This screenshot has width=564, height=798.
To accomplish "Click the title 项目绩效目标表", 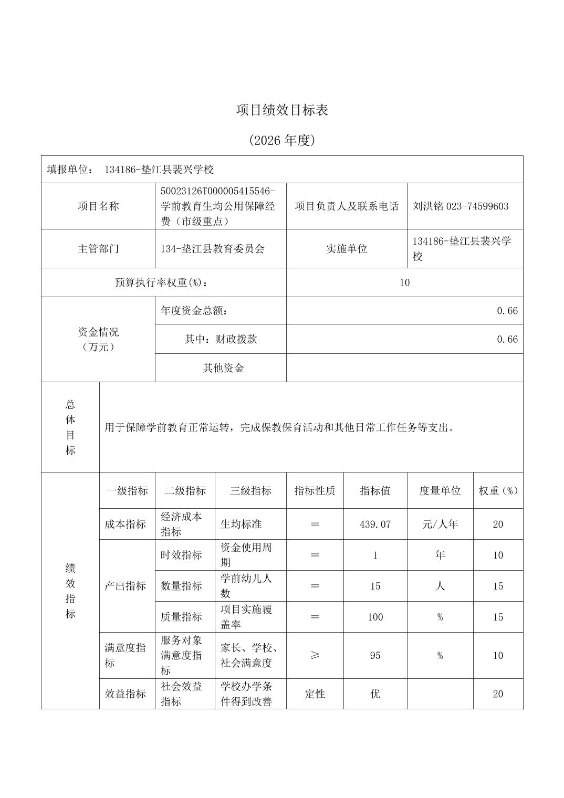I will click(282, 110).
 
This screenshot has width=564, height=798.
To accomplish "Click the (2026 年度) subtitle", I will click(282, 140).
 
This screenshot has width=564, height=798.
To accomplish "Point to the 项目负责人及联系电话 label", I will click(347, 206).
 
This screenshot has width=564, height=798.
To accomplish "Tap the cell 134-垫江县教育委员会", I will click(213, 249).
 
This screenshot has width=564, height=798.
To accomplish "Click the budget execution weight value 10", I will click(404, 283).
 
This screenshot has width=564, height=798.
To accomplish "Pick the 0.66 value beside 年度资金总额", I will click(507, 311).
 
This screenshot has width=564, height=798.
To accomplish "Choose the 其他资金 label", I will click(223, 368).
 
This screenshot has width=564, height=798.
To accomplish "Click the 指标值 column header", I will click(375, 491).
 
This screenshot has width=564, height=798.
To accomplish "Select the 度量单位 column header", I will click(440, 491).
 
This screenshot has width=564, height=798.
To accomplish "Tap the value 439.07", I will click(375, 524).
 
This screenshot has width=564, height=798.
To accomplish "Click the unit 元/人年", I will click(440, 524).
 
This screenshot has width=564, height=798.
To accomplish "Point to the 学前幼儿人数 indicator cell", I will click(246, 586).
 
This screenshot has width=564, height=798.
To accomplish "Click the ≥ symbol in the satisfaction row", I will click(315, 655).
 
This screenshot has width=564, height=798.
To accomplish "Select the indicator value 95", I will click(375, 655).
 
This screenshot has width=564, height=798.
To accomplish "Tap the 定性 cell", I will click(315, 694).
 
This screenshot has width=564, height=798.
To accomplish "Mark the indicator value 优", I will click(375, 694).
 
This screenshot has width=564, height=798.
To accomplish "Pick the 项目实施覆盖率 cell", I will click(246, 617).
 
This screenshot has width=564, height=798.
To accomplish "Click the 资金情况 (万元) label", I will click(98, 339).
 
